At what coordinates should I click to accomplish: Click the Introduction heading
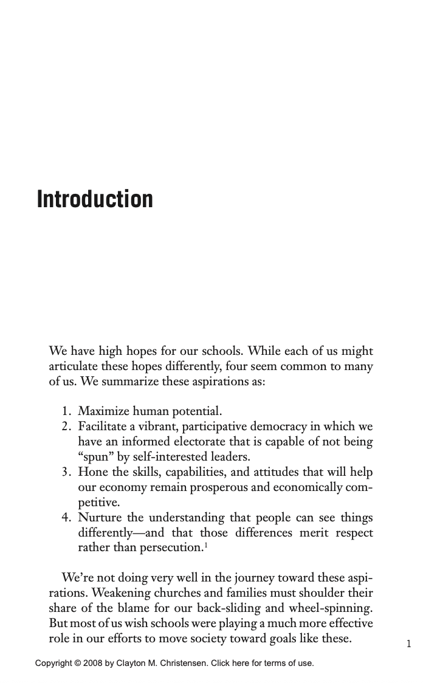tap(95, 199)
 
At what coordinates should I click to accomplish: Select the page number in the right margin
tap(409, 643)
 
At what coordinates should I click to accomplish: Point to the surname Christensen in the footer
tap(181, 663)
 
